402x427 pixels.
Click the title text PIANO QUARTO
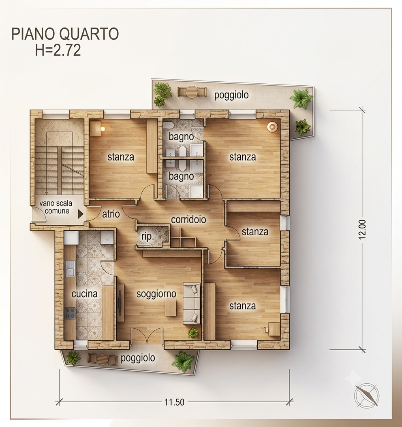pos(65,34)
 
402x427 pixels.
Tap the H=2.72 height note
pos(58,50)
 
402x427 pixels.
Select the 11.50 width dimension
pos(174,402)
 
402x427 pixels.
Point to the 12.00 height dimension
pos(362,229)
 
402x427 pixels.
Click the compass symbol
pos(366,395)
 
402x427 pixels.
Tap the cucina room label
pos(85,294)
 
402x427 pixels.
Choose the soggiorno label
pos(156,294)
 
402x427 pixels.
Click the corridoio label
pos(188,220)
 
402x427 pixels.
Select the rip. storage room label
pos(148,237)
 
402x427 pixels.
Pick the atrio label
pos(111,214)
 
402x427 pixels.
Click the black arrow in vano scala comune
pos(80,214)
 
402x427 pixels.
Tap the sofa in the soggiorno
pos(192,303)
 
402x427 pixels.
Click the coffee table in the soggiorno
pos(171,307)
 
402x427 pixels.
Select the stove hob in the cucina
pos(70,313)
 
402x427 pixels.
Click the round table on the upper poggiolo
pos(192,92)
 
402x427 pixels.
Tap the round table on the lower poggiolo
pos(103,359)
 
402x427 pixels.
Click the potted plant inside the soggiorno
pos(193,333)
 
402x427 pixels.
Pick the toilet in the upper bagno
pos(168,125)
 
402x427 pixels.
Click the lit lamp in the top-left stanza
pos(103,129)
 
